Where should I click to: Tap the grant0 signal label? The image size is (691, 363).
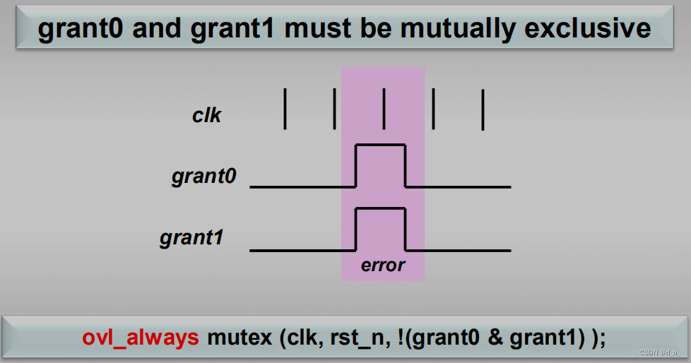pyautogui.click(x=202, y=177)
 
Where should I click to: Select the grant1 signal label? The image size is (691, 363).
pyautogui.click(x=191, y=238)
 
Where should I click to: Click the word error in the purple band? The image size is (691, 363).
pyautogui.click(x=383, y=266)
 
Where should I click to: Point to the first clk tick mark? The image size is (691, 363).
pyautogui.click(x=285, y=109)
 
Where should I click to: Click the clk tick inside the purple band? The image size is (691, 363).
pyautogui.click(x=384, y=109)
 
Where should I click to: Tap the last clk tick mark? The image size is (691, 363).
pyautogui.click(x=483, y=109)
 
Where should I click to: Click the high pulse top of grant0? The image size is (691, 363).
pyautogui.click(x=380, y=145)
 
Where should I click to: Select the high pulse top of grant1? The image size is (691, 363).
pyautogui.click(x=380, y=208)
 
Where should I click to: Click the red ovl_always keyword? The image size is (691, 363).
pyautogui.click(x=141, y=338)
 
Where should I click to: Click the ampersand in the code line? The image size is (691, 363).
pyautogui.click(x=496, y=338)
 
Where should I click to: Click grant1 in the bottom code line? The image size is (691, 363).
pyautogui.click(x=545, y=338)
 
